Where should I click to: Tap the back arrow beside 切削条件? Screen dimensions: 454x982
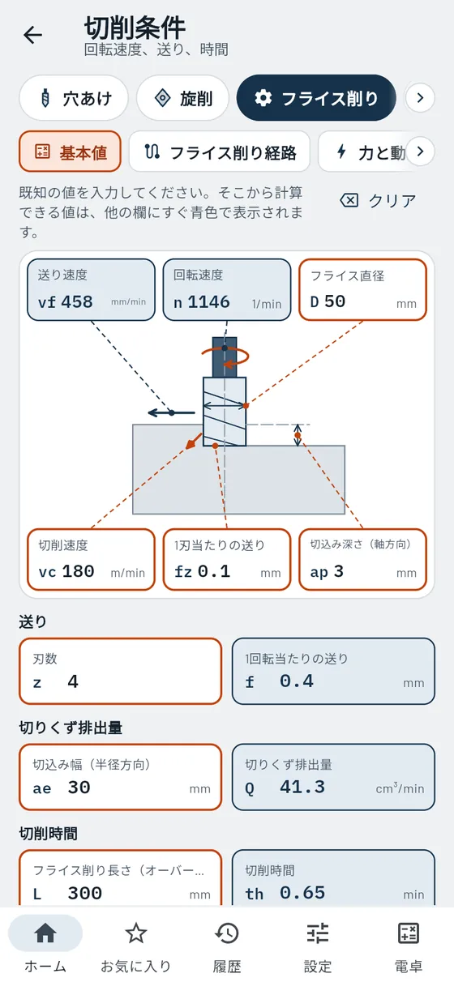(33, 35)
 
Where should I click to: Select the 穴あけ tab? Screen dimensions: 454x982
(74, 98)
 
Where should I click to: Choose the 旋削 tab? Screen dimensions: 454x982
(182, 98)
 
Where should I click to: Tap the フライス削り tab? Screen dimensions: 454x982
(316, 98)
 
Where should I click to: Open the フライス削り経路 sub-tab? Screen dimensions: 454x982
(220, 152)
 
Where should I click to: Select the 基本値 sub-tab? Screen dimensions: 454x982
(71, 152)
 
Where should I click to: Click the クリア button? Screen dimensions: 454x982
(378, 201)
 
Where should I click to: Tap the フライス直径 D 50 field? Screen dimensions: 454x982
(362, 290)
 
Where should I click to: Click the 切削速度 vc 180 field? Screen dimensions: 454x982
(92, 560)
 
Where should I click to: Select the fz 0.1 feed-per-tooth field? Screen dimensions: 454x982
(227, 560)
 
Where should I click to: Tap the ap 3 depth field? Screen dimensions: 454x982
(362, 560)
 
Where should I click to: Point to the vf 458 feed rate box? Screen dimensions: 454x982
(92, 290)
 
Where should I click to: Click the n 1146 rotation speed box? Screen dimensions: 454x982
(227, 290)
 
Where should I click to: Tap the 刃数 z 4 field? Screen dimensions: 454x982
(120, 671)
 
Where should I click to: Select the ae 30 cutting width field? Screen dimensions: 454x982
(120, 777)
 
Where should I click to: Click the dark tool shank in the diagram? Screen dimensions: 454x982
(225, 357)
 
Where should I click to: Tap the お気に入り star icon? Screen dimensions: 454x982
(136, 933)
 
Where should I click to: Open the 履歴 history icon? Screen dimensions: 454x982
(227, 933)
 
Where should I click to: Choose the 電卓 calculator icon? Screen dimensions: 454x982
(409, 933)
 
